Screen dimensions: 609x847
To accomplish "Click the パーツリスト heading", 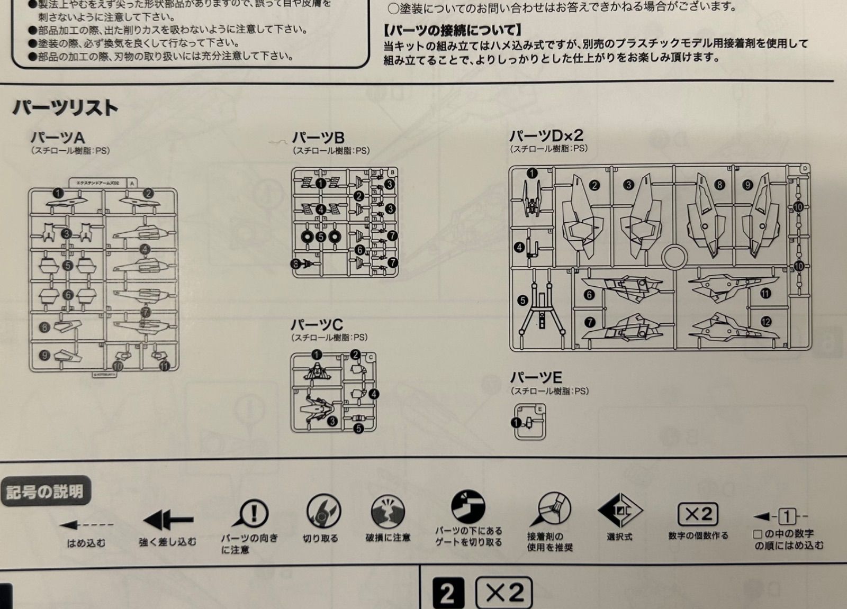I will (x=65, y=108).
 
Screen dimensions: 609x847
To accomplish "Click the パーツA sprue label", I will (x=57, y=138).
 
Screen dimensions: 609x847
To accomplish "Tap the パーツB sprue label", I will (x=318, y=138).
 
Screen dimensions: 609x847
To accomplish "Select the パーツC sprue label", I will (x=317, y=324).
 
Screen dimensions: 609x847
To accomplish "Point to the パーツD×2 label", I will (x=546, y=135).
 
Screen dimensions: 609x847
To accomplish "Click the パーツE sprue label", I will (x=536, y=377).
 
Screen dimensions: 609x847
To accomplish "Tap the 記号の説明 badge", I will (x=45, y=492).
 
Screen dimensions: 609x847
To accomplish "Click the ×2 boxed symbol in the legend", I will (x=698, y=514).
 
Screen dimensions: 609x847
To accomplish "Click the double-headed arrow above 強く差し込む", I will (x=168, y=521).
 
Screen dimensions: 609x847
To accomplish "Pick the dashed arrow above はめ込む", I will (x=86, y=525).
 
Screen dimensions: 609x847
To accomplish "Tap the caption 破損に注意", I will (x=388, y=538).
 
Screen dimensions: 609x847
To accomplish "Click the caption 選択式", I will (x=619, y=537).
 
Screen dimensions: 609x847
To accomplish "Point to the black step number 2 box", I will (x=448, y=593).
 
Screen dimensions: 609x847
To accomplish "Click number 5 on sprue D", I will (x=522, y=301).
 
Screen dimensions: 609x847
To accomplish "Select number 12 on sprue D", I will (x=765, y=321).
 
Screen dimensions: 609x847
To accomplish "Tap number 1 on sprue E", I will (x=516, y=423).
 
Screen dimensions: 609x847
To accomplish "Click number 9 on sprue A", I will (x=44, y=356).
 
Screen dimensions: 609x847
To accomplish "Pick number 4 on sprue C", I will (x=374, y=394).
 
